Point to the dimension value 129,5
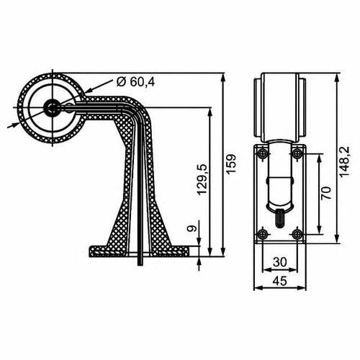pyautogui.click(x=201, y=184)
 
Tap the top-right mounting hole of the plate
pyautogui.click(x=296, y=153)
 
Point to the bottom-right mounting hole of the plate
pyautogui.click(x=296, y=232)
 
